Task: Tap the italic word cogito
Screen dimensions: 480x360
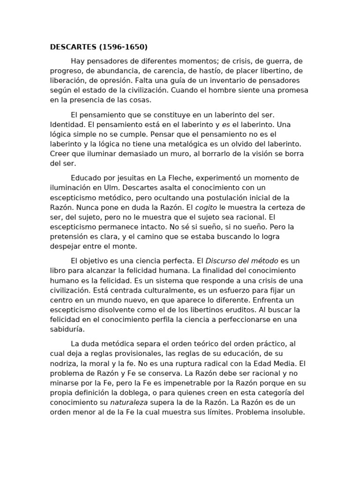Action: coord(206,207)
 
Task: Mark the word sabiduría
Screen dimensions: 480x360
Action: coord(68,329)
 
